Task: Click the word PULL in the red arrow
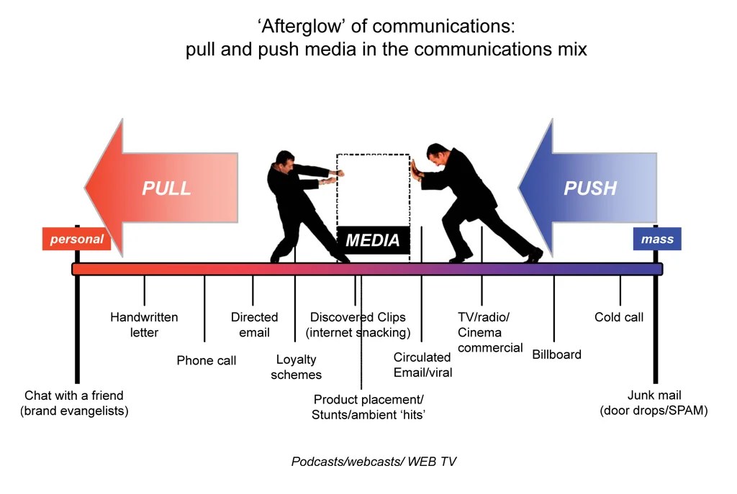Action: (166, 188)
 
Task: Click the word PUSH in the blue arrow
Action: (590, 188)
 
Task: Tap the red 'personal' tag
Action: (77, 239)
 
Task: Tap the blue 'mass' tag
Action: (656, 239)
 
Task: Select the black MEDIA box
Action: (373, 240)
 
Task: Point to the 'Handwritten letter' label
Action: (144, 324)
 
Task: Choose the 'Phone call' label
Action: (207, 360)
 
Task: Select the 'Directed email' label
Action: (254, 324)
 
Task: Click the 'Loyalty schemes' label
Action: (296, 367)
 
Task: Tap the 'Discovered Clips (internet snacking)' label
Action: (358, 324)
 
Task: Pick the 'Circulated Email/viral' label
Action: (422, 365)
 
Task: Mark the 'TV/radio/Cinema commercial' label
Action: (489, 332)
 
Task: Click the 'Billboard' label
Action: (556, 355)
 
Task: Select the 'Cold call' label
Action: (619, 317)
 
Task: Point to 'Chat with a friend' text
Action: (74, 395)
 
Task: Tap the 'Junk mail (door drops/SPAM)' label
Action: (654, 403)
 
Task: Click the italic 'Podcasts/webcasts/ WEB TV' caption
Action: (374, 461)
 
